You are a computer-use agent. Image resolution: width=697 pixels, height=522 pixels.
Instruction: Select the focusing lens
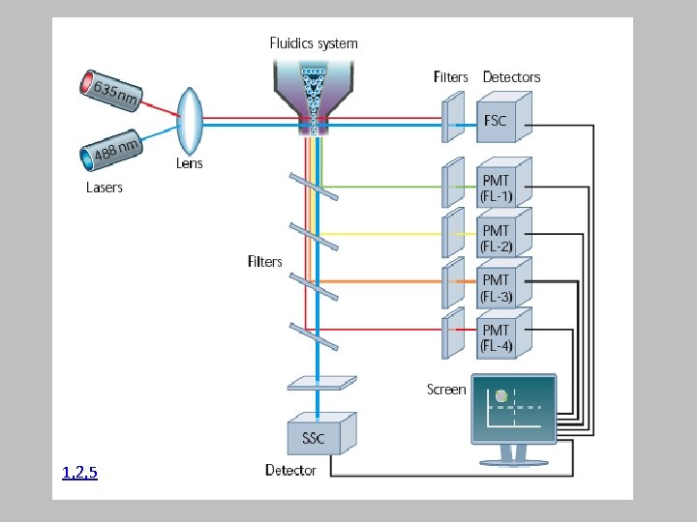click(x=190, y=120)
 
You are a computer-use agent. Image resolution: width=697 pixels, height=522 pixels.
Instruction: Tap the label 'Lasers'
click(x=105, y=188)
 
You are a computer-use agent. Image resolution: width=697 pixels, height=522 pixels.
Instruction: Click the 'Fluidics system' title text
click(x=313, y=43)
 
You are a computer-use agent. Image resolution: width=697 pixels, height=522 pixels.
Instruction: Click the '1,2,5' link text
click(x=79, y=473)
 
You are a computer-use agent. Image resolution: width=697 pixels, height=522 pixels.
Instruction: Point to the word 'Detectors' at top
click(x=511, y=77)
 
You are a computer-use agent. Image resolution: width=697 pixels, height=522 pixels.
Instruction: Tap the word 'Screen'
click(x=446, y=390)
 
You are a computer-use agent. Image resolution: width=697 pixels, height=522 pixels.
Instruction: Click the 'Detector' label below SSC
click(x=290, y=471)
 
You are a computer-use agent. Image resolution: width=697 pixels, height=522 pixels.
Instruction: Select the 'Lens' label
click(x=190, y=164)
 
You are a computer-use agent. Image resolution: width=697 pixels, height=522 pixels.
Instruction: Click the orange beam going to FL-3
click(x=387, y=281)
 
